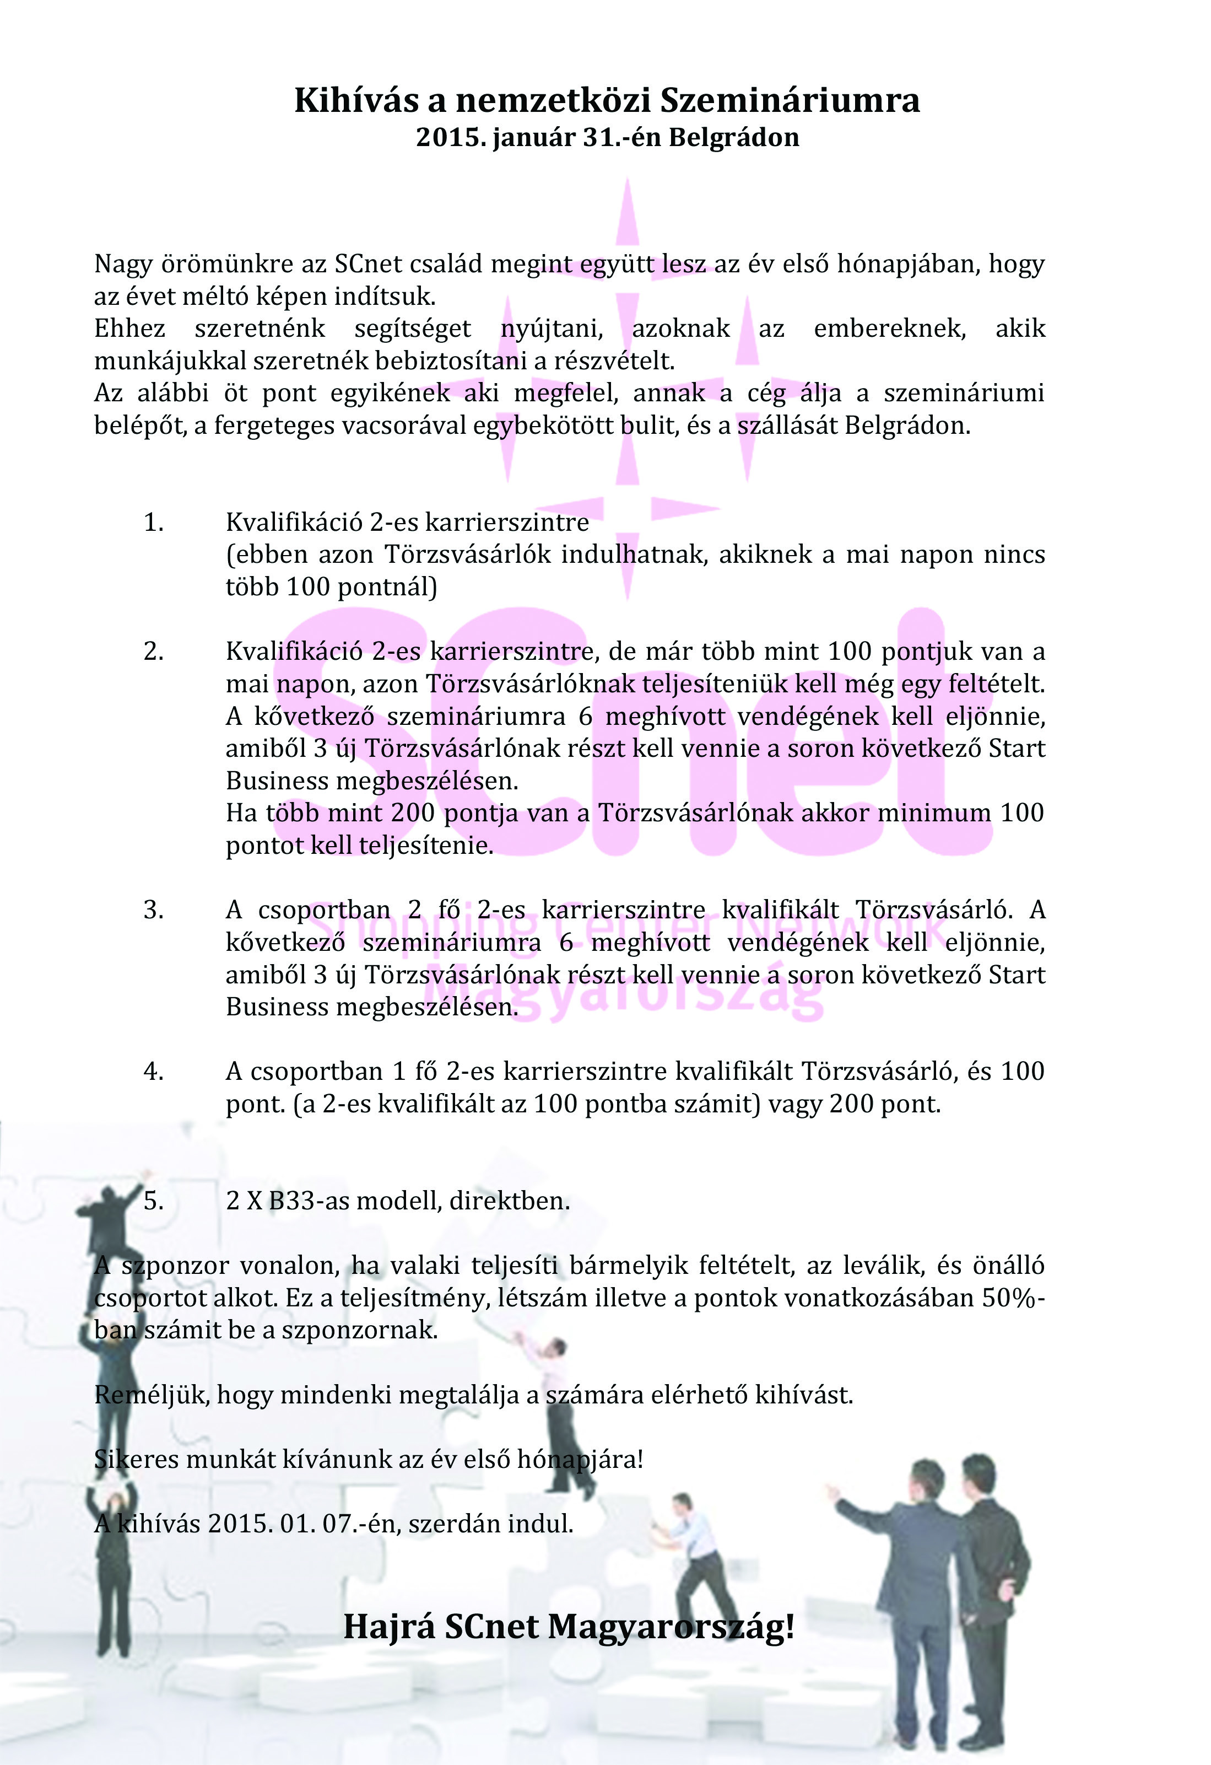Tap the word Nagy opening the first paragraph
click(122, 264)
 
